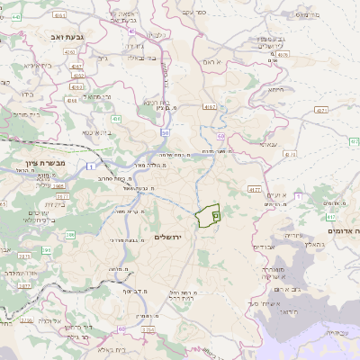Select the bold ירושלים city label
coord(168,236)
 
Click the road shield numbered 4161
coord(59,15)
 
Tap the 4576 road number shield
coord(283,55)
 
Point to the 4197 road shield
coord(210,107)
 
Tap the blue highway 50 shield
coord(165,132)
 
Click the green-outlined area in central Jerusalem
coord(209,216)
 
